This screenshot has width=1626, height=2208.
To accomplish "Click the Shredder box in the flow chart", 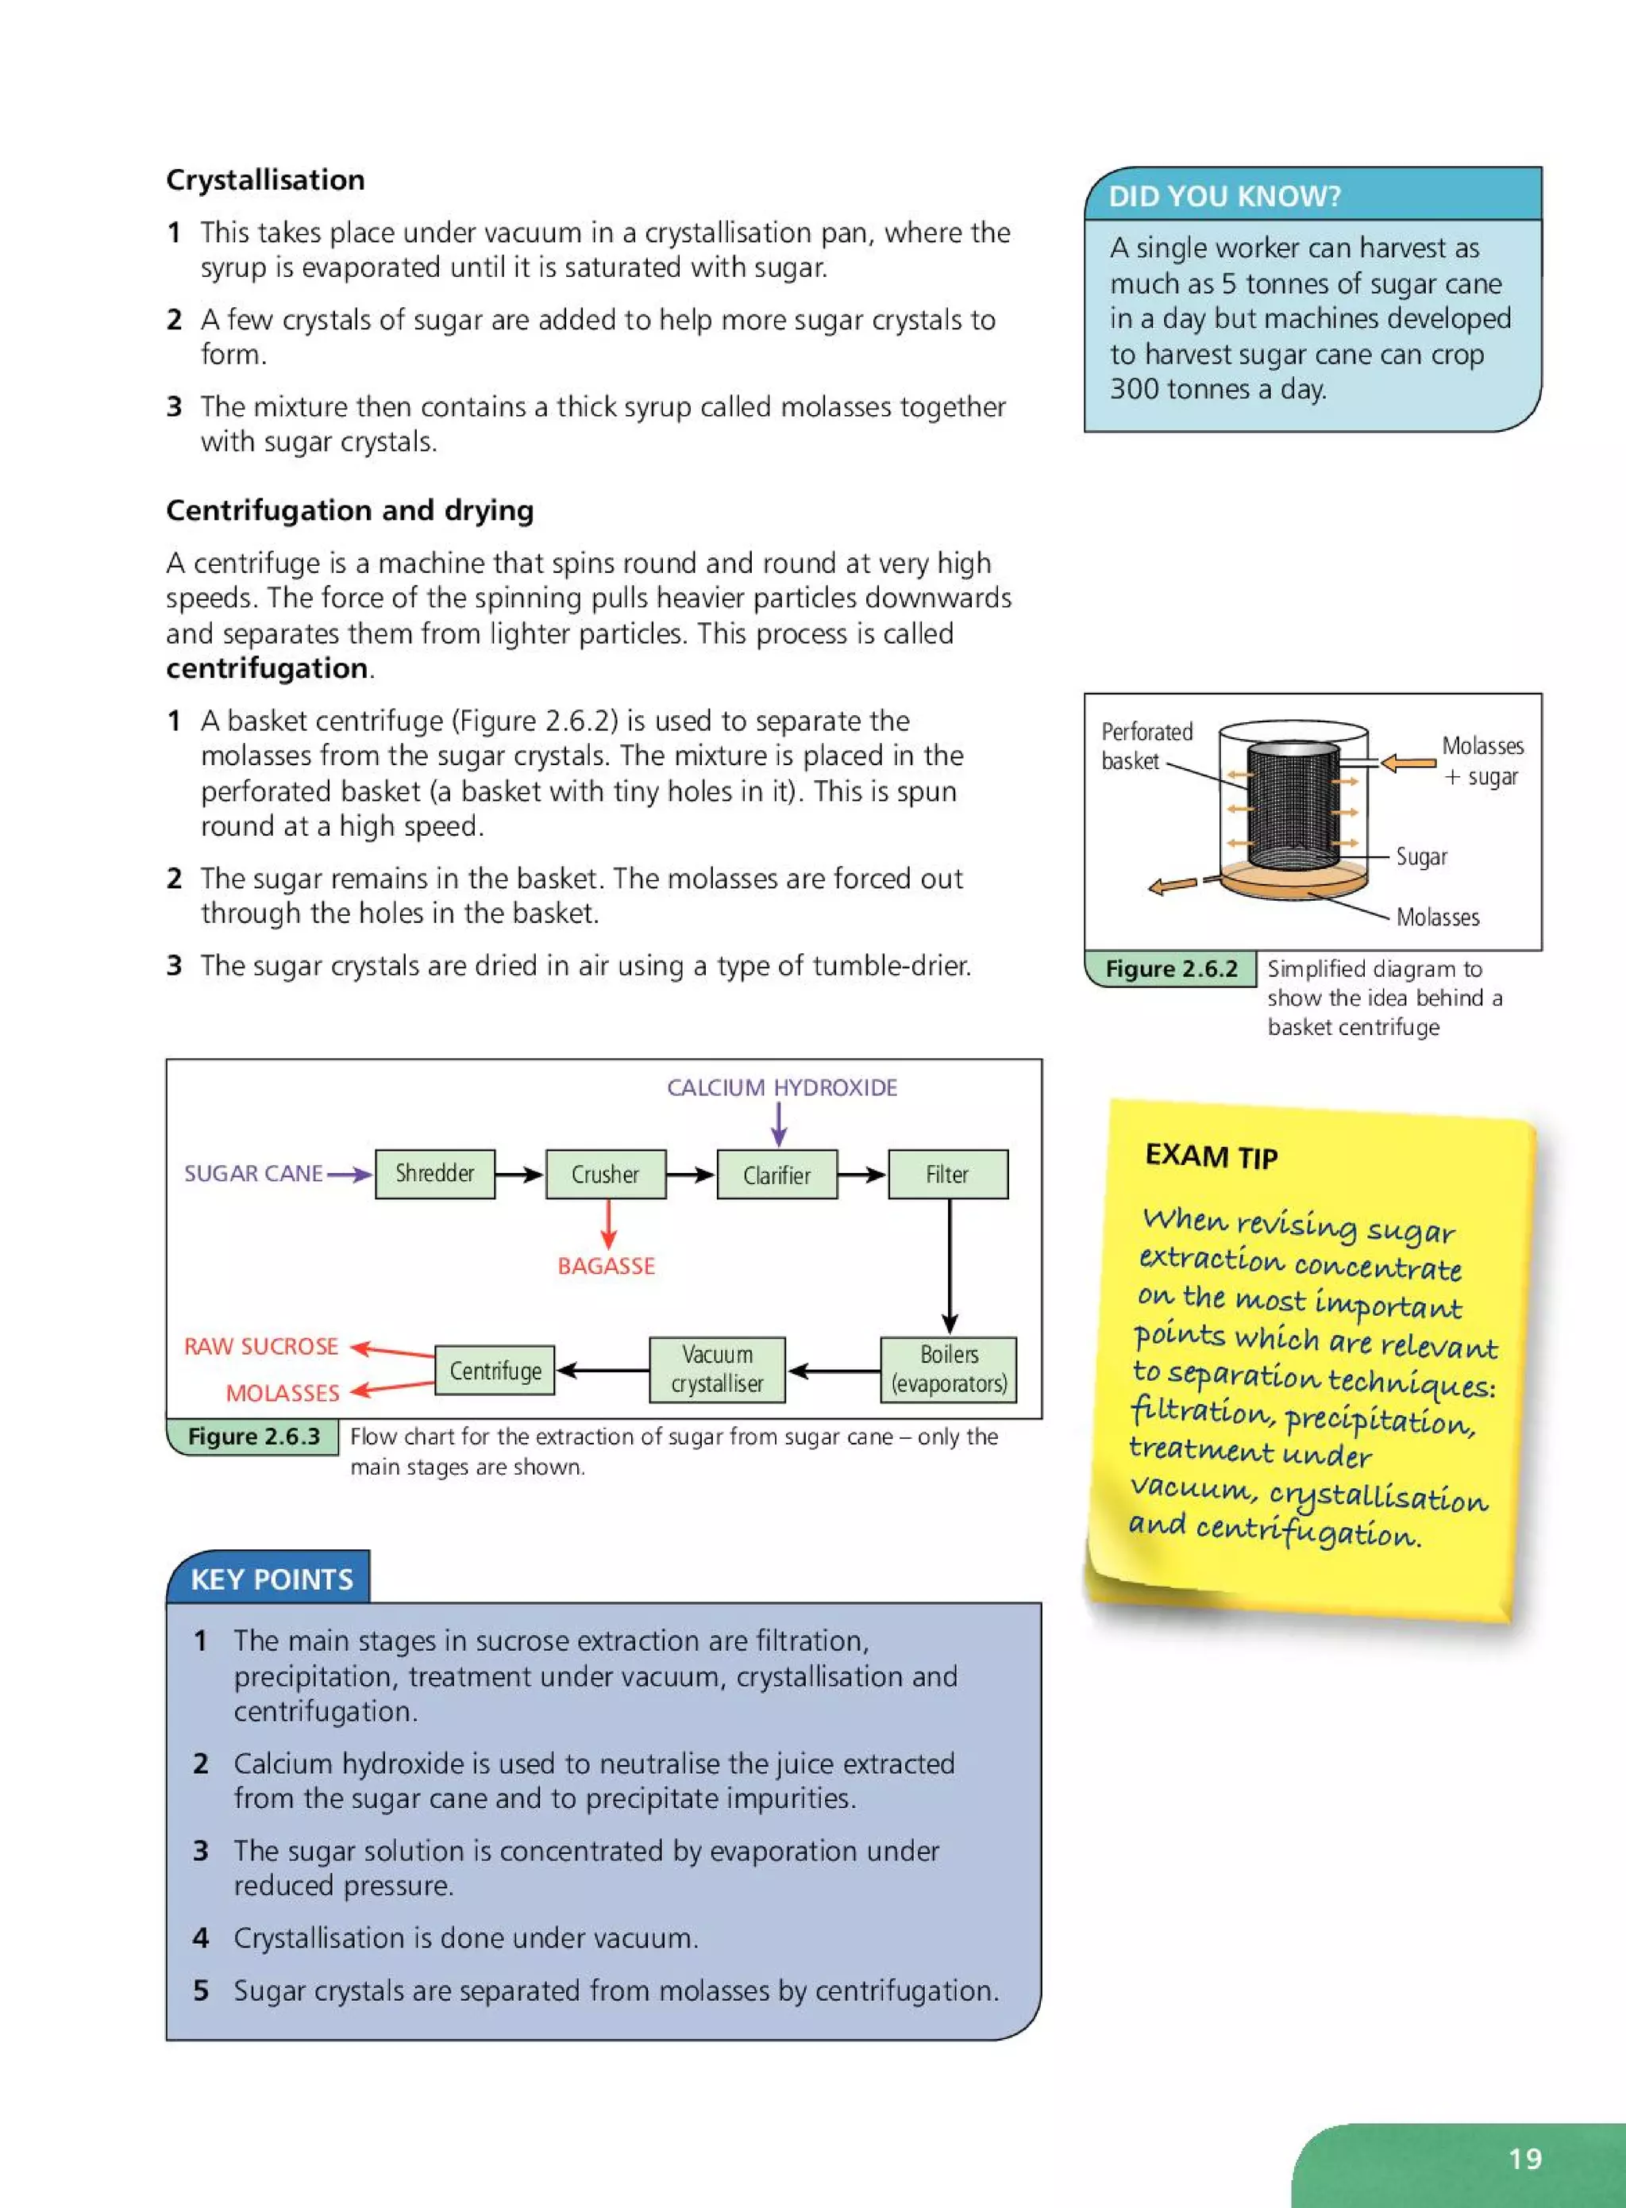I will pos(434,1173).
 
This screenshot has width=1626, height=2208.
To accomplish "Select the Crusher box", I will pos(605,1174).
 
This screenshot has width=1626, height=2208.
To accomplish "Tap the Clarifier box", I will pos(776,1174).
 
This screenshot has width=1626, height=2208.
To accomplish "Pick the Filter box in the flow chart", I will pos(947,1174).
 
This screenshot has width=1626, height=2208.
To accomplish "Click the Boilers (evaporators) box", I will pos(948,1368).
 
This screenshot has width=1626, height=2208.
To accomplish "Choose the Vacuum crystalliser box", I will pos(717,1368).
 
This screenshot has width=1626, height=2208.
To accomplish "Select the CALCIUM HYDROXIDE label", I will pos(781,1087).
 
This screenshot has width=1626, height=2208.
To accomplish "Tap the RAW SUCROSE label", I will pos(261,1346).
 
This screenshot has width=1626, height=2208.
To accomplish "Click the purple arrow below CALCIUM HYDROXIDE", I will pos(779,1124).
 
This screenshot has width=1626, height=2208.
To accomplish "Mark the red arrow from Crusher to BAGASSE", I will pos(608,1224).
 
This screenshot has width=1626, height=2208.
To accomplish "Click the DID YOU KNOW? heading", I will pos(1224,196).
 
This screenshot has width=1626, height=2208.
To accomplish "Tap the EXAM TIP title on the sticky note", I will pos(1211,1156).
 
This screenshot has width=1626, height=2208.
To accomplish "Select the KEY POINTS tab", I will pos(271,1579).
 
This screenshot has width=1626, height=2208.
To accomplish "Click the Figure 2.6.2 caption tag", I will pos(1170,968).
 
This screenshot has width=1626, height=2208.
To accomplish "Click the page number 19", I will pos(1524,2159).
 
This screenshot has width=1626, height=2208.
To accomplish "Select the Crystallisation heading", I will pos(264,179).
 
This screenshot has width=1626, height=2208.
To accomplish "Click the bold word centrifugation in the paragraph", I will pos(267,668).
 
